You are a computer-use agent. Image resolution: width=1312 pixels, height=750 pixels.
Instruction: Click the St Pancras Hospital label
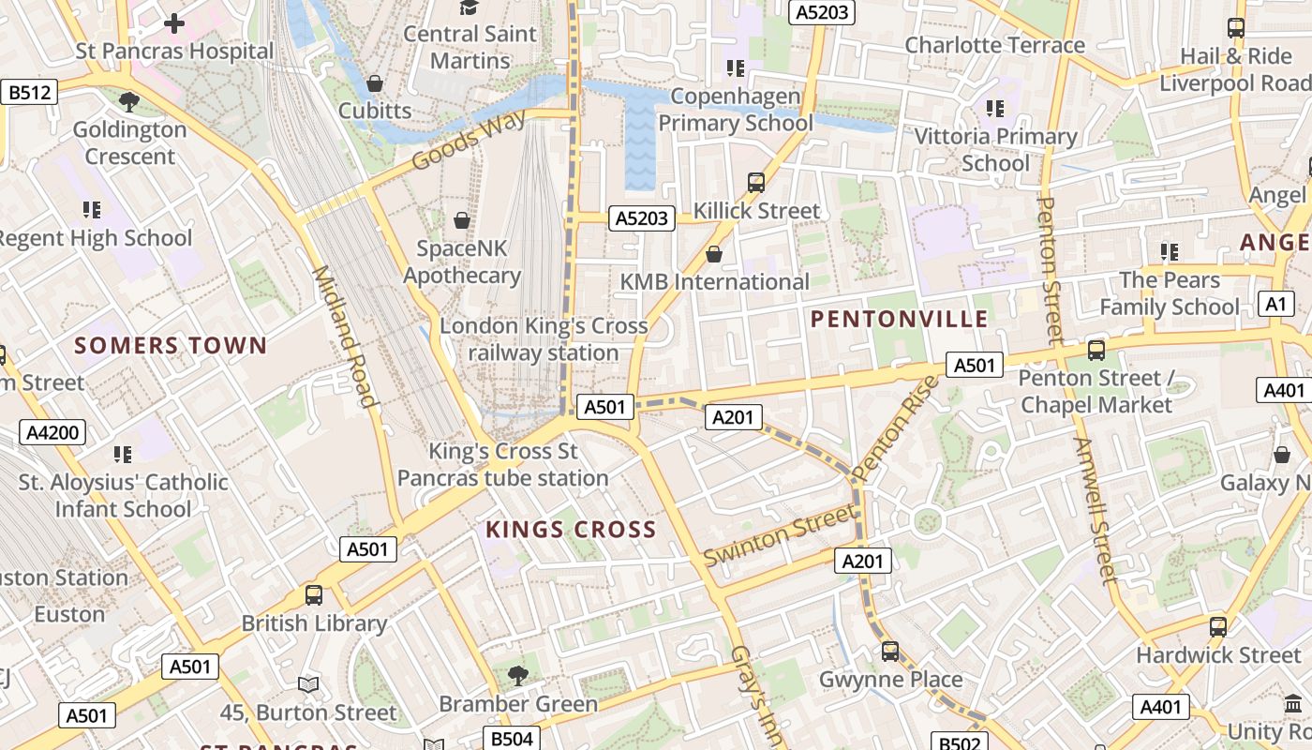coord(174,52)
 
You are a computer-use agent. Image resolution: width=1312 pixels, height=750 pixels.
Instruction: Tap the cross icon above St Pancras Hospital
coord(174,23)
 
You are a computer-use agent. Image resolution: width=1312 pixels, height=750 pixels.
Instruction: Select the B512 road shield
coord(30,92)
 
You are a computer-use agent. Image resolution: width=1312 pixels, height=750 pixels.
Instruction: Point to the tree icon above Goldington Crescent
coord(129,101)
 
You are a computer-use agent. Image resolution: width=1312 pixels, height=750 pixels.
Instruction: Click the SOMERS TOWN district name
coord(171,346)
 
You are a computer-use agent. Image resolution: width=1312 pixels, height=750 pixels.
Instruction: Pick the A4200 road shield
coord(55,432)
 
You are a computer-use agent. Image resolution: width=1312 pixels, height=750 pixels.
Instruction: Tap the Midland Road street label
coord(344,337)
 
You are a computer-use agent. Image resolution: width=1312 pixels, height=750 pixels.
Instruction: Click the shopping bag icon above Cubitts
coord(375,83)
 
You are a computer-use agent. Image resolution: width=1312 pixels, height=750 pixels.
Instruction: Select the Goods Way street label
coord(469,142)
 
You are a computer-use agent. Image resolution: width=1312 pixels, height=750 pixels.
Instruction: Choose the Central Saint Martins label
coord(470,47)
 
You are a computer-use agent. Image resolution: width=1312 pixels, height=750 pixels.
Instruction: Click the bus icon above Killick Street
coord(756,183)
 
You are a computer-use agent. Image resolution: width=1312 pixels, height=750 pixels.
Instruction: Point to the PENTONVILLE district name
coord(899,320)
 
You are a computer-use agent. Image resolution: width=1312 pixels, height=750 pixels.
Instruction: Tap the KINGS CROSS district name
coord(571,531)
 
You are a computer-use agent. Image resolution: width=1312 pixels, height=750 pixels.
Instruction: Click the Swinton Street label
coord(780,534)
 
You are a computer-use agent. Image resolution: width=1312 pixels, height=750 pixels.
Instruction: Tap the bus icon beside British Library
coord(314,595)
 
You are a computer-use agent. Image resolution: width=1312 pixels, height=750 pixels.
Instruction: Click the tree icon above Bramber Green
coord(517,675)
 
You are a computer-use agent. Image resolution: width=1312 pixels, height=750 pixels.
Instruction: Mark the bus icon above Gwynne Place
coord(890,651)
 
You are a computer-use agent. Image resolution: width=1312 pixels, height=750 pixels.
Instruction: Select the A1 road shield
coord(1275,304)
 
